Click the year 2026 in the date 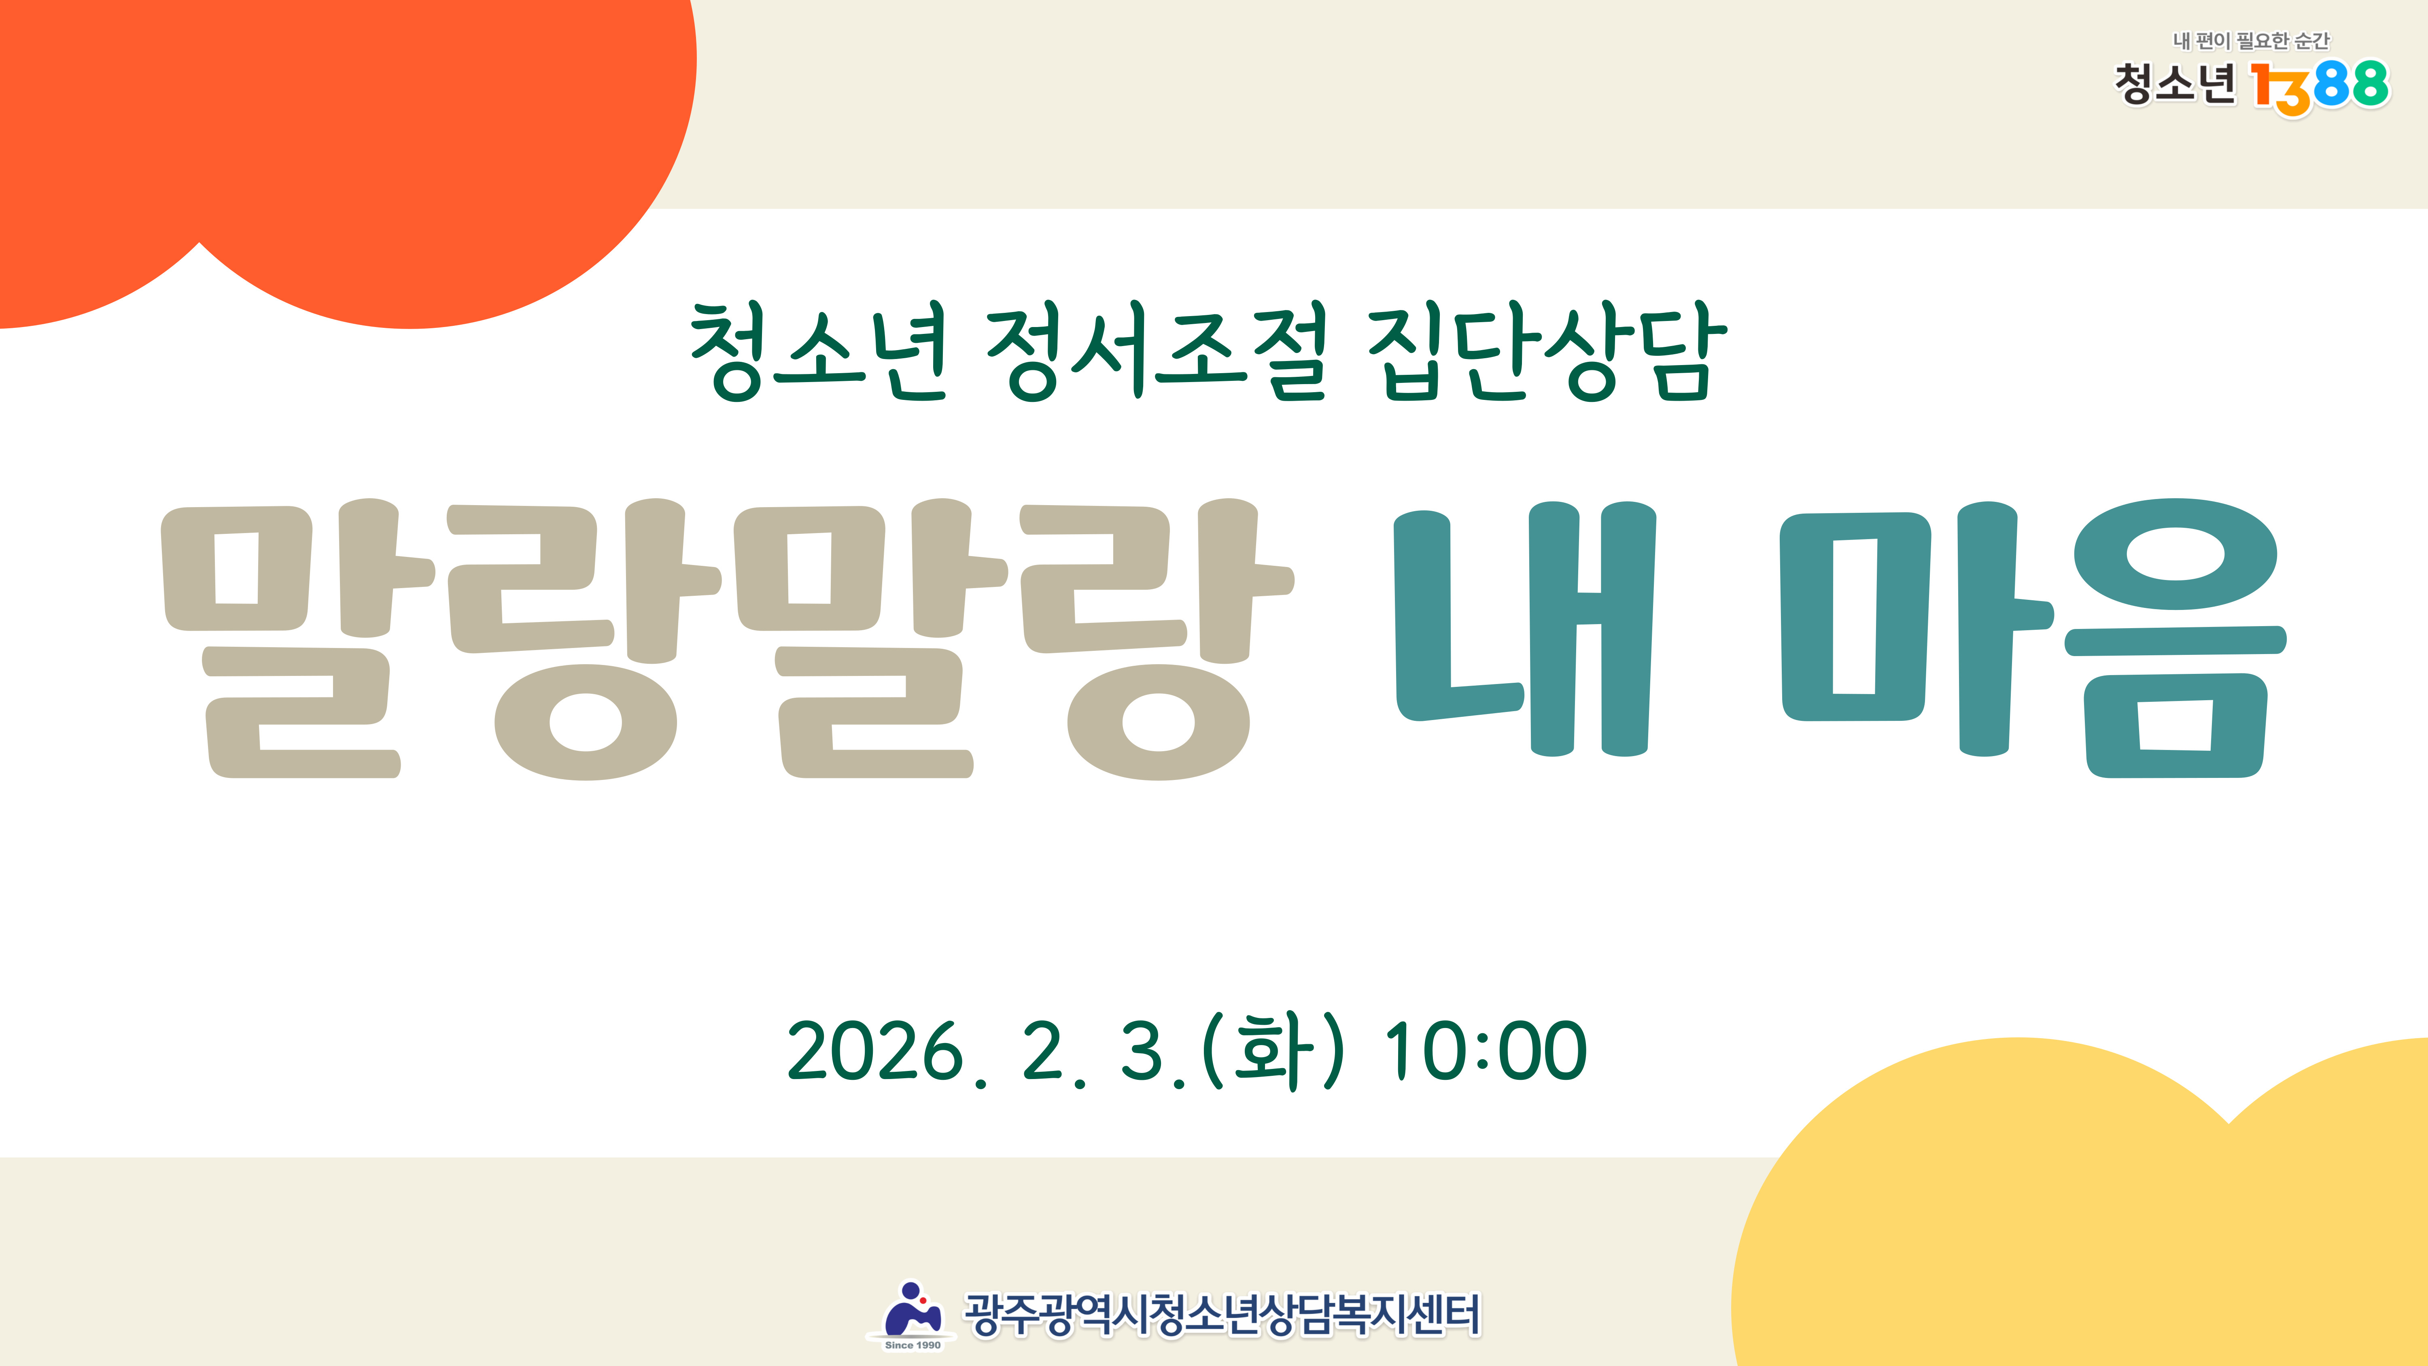(876, 1051)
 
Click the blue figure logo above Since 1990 (911, 1308)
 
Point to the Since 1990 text (913, 1345)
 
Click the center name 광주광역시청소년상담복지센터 (1222, 1315)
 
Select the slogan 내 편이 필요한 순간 (2251, 40)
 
